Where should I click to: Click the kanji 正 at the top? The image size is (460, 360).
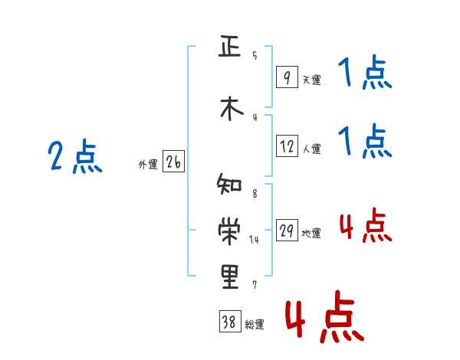(x=229, y=47)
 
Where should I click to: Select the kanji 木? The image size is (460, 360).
(x=229, y=108)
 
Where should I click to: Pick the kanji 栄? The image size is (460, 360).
(x=229, y=230)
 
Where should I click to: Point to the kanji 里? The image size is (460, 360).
(x=229, y=276)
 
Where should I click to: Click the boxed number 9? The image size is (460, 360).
(x=286, y=77)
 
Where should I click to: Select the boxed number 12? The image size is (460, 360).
(x=286, y=146)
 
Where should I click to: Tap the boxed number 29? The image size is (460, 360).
(x=286, y=231)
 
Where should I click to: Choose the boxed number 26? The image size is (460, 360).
(x=173, y=162)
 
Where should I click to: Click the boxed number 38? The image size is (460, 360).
(x=229, y=322)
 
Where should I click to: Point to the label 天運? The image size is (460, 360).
(x=311, y=79)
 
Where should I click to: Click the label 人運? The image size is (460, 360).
(x=311, y=149)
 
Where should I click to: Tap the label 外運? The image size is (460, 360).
(x=148, y=164)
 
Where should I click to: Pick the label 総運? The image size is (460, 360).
(x=255, y=325)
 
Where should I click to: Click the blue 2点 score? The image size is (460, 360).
(x=75, y=158)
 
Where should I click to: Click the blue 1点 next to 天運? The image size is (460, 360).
(x=365, y=75)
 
